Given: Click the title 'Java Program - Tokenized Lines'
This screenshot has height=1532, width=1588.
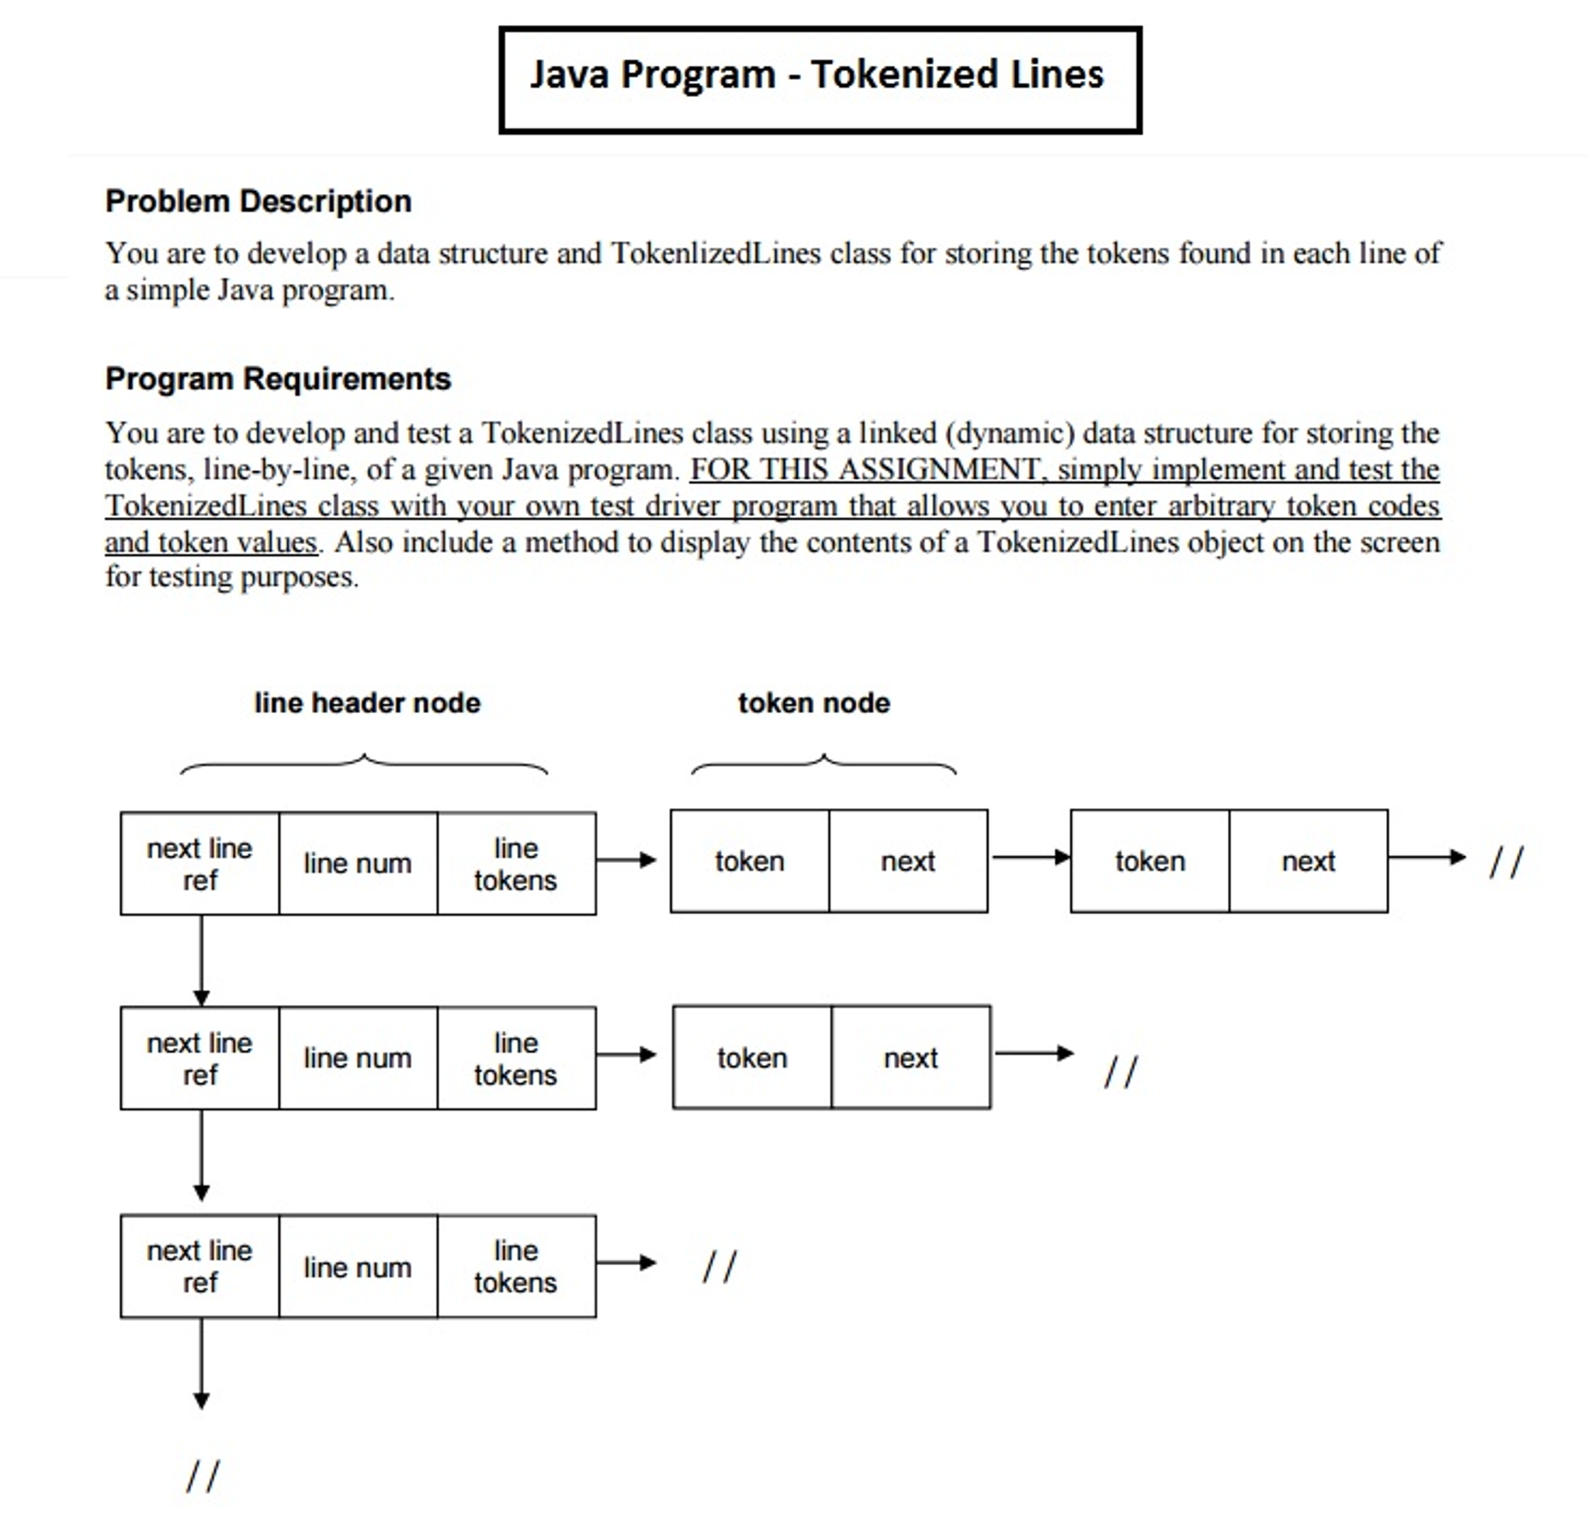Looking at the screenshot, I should [x=817, y=75].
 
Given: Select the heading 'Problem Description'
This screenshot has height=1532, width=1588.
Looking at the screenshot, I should [x=258, y=201].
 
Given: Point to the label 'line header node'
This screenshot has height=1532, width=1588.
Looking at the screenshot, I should [x=367, y=702].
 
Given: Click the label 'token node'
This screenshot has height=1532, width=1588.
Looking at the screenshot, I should [x=813, y=702].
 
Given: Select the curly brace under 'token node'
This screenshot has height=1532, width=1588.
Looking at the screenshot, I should [x=823, y=764].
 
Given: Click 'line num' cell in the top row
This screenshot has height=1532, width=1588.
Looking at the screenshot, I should [x=357, y=864].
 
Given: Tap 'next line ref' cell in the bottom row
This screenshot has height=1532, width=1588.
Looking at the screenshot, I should [x=199, y=1267].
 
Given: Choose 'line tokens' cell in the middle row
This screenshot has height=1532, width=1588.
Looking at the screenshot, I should [x=516, y=1058].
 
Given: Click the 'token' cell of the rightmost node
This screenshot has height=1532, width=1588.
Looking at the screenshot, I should [x=1149, y=861].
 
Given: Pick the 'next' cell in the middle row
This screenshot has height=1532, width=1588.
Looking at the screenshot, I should [x=910, y=1058].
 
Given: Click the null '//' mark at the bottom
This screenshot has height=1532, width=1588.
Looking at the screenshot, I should [x=203, y=1475].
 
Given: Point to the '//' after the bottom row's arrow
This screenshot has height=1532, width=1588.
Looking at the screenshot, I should [x=719, y=1267].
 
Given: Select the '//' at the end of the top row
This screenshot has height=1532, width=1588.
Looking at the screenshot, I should [x=1507, y=861].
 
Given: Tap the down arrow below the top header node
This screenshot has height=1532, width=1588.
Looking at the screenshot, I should [x=202, y=960].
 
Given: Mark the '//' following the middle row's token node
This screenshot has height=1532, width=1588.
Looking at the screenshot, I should [x=1121, y=1072].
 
